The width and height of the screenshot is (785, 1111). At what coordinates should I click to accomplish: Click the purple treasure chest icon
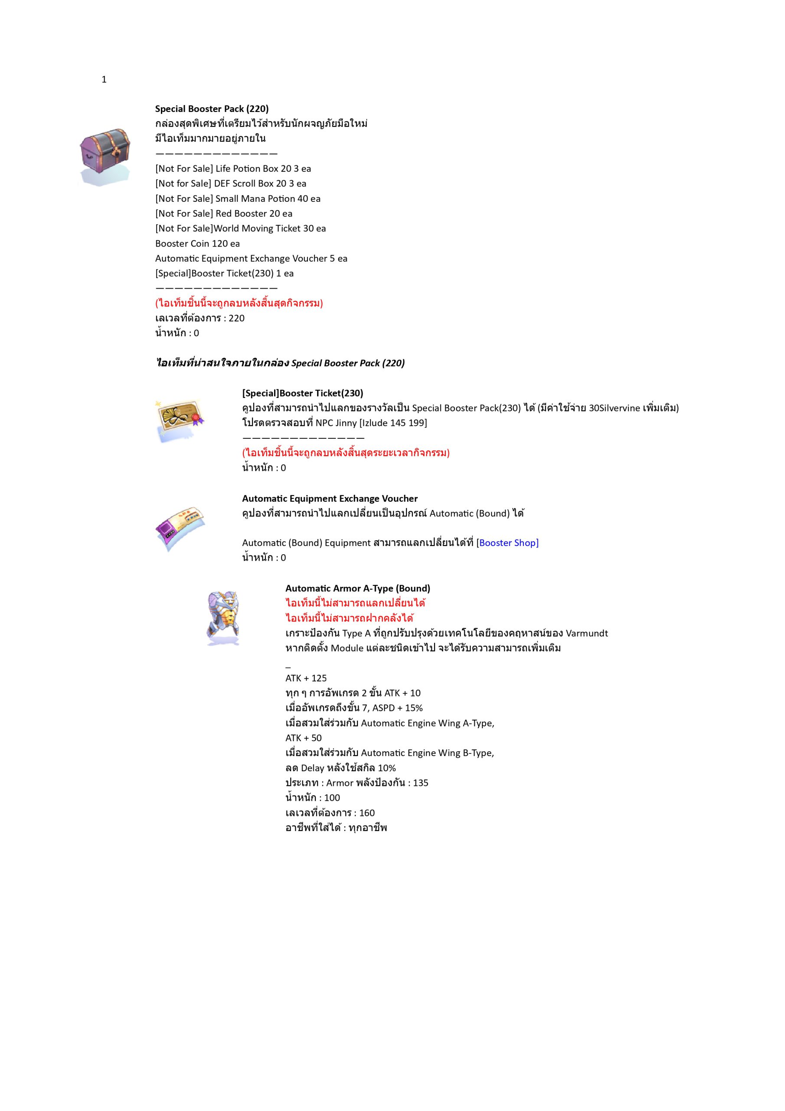(105, 156)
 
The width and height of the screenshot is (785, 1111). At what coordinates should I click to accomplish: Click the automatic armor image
(223, 618)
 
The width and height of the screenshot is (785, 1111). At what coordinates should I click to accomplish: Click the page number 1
(104, 80)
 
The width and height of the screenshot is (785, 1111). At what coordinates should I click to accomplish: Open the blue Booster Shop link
(508, 543)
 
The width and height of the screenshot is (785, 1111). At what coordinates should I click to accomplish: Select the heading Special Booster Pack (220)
(211, 109)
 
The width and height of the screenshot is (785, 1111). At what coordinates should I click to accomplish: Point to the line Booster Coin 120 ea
(197, 243)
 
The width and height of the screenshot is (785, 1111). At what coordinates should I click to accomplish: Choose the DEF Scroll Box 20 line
(230, 184)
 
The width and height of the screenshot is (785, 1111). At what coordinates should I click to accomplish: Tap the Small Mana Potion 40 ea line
(238, 198)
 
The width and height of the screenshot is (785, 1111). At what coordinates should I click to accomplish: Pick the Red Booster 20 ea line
(223, 214)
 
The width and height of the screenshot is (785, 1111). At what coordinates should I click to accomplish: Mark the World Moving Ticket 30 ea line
(240, 228)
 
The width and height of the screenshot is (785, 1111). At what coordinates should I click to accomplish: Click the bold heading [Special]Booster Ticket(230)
(302, 393)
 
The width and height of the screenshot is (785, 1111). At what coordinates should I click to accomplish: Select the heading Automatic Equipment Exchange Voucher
(329, 498)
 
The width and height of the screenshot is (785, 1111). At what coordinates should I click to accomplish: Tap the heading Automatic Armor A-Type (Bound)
(357, 588)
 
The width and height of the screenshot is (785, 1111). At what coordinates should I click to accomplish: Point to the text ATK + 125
(306, 678)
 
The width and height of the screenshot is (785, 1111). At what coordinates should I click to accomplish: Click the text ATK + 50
(303, 738)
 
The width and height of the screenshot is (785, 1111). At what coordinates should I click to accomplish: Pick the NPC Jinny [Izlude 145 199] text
(371, 423)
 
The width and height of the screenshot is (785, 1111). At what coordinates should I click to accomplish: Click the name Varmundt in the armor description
(586, 633)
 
